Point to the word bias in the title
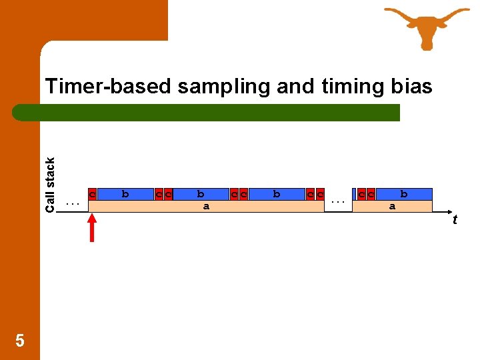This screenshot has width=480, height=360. coord(411,87)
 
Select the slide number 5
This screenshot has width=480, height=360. coord(20,341)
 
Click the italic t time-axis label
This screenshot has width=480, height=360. coord(455,219)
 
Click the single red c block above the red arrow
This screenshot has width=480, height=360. coord(93,194)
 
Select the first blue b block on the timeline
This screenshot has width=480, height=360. coord(125,194)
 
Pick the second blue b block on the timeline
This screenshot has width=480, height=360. coord(200,194)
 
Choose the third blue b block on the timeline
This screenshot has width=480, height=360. coord(276,194)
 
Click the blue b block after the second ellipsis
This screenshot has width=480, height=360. coord(403,194)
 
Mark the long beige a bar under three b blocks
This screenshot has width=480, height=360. coord(206,206)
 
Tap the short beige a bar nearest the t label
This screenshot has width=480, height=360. coord(392,206)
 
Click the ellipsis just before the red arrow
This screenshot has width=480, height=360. coord(73,201)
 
